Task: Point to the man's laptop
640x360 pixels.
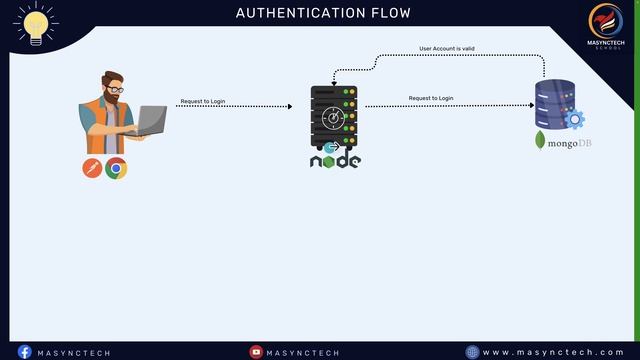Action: tap(150, 120)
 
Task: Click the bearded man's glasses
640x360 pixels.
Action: tap(115, 90)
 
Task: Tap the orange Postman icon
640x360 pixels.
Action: tap(93, 168)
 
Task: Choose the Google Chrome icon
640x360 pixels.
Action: tap(116, 168)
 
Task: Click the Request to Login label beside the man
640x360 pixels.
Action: tap(202, 101)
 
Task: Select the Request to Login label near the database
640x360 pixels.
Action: tap(431, 98)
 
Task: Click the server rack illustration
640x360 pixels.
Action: tap(334, 115)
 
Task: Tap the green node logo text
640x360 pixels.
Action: tap(334, 160)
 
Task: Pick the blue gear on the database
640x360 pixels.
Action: tap(574, 120)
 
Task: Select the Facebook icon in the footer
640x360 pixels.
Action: tap(25, 352)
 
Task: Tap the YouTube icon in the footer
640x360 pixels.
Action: tap(256, 352)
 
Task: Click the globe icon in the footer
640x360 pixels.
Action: tap(472, 352)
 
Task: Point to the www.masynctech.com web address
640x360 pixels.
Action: tap(553, 352)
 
